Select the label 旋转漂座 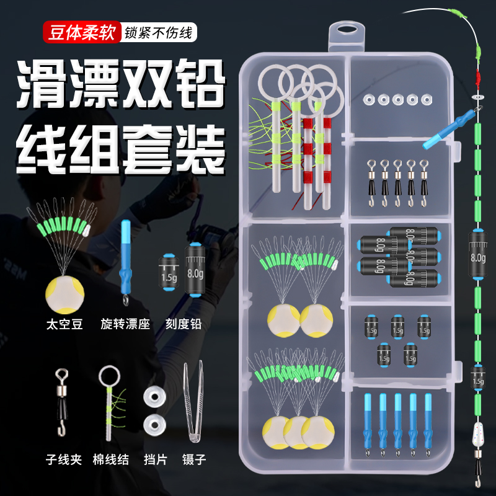(x=125, y=324)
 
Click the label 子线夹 (x=64, y=460)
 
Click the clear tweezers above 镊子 (x=193, y=403)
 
